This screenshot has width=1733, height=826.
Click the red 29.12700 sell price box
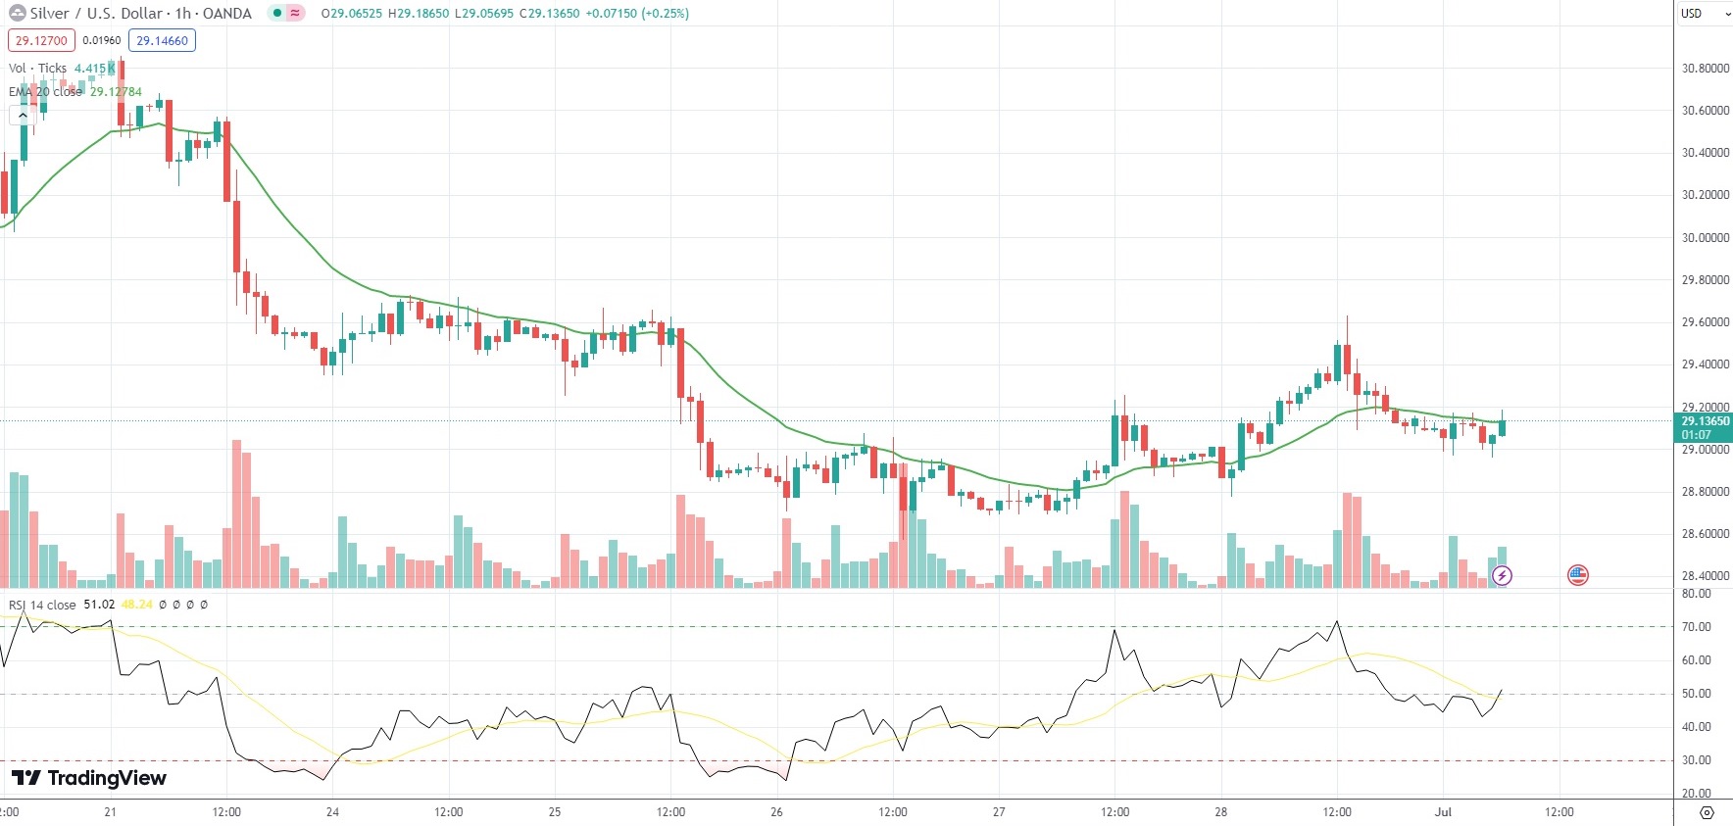point(41,41)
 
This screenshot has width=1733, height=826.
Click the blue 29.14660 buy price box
point(162,41)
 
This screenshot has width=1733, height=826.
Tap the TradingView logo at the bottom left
point(89,778)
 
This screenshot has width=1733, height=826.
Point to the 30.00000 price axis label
point(1705,238)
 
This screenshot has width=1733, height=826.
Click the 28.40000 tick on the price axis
point(1705,576)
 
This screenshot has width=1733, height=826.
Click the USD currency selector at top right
point(1702,14)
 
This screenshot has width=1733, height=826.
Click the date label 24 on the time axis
point(332,812)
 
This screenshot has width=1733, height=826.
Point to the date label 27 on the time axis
point(998,812)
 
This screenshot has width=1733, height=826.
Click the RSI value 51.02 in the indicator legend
point(99,605)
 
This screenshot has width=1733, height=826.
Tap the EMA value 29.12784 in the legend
point(116,92)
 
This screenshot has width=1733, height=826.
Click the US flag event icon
point(1577,575)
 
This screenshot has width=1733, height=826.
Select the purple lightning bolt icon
point(1502,575)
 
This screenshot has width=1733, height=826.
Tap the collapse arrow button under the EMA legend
point(23,115)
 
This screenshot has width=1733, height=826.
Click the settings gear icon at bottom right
point(1707,812)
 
